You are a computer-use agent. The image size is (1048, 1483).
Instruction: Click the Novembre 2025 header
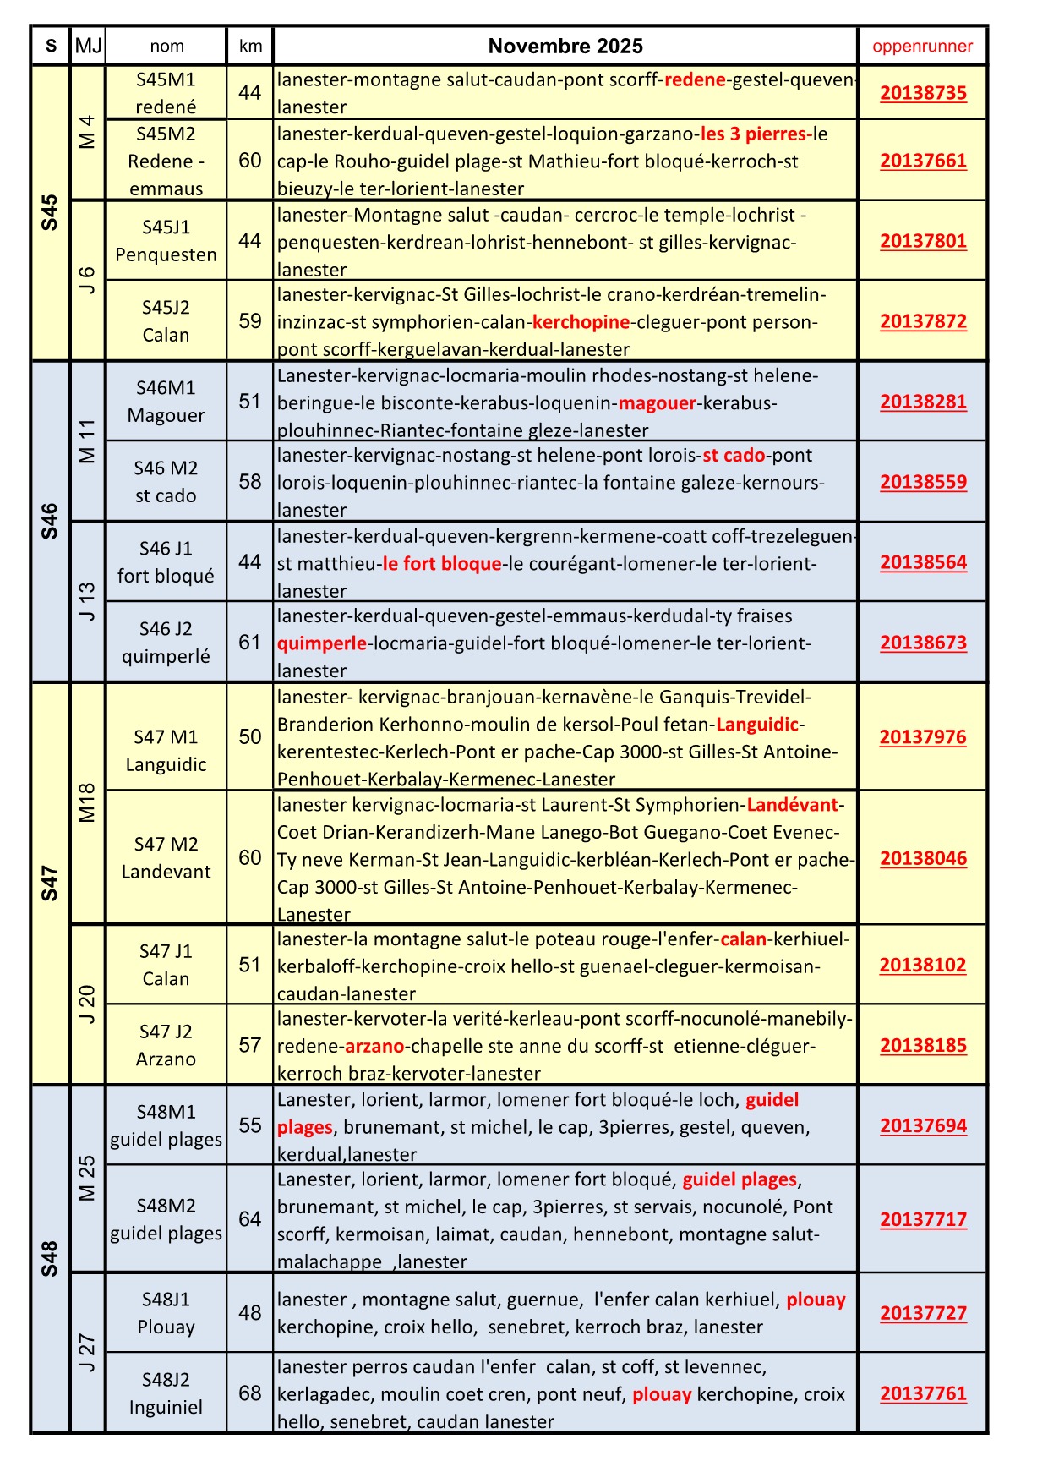565,47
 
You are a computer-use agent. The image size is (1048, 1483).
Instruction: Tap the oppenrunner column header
922,47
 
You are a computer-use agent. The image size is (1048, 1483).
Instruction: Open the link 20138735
923,93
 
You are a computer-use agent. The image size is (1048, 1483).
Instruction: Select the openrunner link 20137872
923,321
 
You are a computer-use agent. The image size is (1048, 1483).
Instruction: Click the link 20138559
923,482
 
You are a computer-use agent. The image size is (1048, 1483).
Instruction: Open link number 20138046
923,858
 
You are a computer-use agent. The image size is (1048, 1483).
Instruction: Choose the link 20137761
923,1393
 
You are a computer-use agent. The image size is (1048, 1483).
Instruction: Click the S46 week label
50,521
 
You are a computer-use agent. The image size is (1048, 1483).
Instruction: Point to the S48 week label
50,1258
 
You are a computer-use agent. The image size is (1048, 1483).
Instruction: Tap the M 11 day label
87,441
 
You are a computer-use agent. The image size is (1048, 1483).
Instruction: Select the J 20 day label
87,1004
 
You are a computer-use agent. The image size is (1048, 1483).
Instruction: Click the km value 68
250,1393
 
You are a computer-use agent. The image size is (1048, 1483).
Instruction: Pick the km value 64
250,1219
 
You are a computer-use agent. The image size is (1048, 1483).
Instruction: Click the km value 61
250,643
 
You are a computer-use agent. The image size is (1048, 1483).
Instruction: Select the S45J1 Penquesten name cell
166,241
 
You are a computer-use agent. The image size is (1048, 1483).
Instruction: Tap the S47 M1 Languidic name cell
166,751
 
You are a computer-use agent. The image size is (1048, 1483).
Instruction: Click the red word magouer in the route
658,402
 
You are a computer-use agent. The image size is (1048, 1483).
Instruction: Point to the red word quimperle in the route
322,643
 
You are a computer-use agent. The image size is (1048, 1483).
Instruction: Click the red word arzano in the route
374,1046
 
